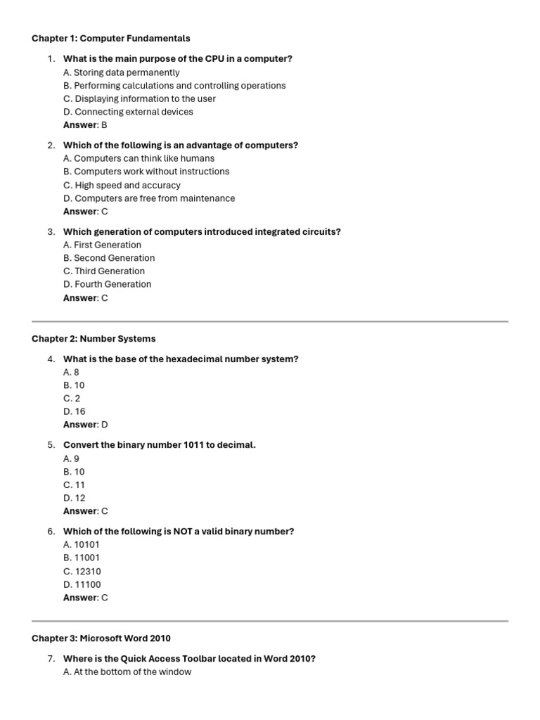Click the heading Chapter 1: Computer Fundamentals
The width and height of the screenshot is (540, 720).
pyautogui.click(x=110, y=38)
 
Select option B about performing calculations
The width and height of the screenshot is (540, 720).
pyautogui.click(x=174, y=86)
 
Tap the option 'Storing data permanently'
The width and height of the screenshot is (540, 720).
pyautogui.click(x=121, y=72)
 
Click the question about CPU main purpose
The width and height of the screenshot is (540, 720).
pyautogui.click(x=177, y=58)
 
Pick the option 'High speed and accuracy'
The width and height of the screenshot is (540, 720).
pyautogui.click(x=122, y=185)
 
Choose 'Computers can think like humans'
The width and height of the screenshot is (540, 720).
pyautogui.click(x=139, y=158)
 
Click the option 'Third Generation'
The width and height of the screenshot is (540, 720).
pyautogui.click(x=104, y=271)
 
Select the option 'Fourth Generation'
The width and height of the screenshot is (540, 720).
pyautogui.click(x=107, y=284)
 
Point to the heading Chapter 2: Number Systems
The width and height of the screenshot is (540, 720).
pyautogui.click(x=94, y=338)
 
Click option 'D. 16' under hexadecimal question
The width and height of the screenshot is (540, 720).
pyautogui.click(x=74, y=411)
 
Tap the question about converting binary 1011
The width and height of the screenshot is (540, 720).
pyautogui.click(x=160, y=445)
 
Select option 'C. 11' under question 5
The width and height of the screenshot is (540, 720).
pyautogui.click(x=74, y=485)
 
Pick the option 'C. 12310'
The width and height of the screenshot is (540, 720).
pyautogui.click(x=82, y=572)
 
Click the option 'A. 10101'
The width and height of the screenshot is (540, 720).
pyautogui.click(x=82, y=544)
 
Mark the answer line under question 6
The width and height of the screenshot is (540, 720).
pyautogui.click(x=86, y=598)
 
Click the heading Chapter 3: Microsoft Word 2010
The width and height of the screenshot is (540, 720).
pyautogui.click(x=101, y=638)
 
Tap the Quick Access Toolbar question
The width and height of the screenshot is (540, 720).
pyautogui.click(x=189, y=659)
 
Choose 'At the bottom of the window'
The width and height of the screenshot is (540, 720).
pyautogui.click(x=127, y=671)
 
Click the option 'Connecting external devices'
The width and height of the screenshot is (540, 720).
pyautogui.click(x=128, y=112)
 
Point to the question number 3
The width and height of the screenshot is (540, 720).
pyautogui.click(x=51, y=231)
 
